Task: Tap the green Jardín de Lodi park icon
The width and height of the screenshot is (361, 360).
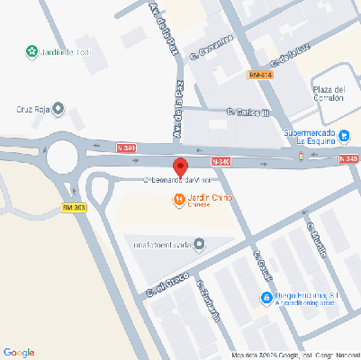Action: [32, 51]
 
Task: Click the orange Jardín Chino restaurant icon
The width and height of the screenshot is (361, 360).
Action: [179, 199]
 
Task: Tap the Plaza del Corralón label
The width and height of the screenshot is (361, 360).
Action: [328, 94]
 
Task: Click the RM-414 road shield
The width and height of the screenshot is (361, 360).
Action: [260, 75]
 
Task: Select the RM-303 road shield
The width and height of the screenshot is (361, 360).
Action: [74, 208]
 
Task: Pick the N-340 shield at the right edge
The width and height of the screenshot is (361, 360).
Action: [349, 158]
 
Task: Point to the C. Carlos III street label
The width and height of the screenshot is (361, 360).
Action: [249, 112]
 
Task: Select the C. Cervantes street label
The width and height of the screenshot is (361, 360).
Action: [212, 50]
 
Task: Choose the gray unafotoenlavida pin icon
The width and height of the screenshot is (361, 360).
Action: [199, 243]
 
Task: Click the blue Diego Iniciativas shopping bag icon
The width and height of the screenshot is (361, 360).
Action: [266, 298]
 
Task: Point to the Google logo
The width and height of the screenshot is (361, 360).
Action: [19, 351]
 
